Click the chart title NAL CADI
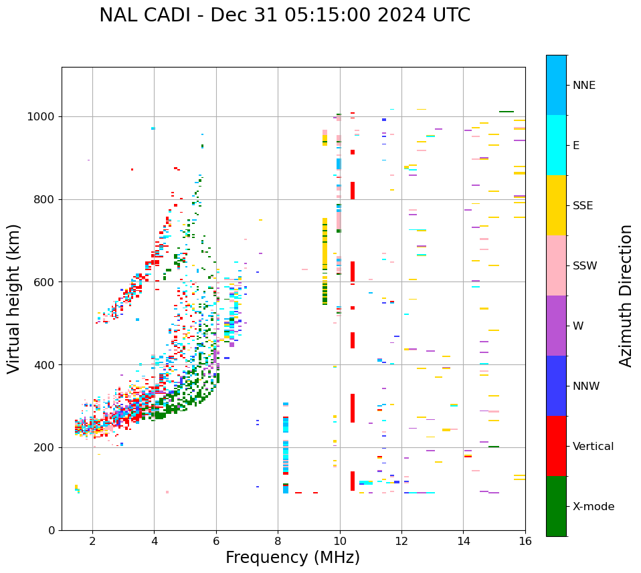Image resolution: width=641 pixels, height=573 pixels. click(x=284, y=15)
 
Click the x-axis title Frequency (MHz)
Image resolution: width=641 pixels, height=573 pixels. click(x=292, y=558)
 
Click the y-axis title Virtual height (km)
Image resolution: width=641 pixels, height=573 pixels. click(x=14, y=298)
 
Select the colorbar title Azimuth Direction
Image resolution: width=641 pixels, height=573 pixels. click(x=626, y=295)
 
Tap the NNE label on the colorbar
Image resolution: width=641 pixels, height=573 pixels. click(x=583, y=86)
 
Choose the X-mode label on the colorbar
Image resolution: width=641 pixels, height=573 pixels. click(x=593, y=507)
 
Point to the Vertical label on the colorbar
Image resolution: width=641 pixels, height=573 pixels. click(x=593, y=447)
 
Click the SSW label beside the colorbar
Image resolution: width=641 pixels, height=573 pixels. click(x=585, y=266)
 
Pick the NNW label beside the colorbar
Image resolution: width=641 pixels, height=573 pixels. click(x=586, y=386)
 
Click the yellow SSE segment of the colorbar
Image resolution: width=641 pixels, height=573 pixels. click(x=556, y=205)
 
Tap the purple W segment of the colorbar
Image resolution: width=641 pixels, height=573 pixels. click(x=556, y=326)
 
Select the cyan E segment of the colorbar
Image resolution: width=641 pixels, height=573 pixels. click(x=556, y=145)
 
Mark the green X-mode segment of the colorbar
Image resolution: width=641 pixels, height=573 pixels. click(x=556, y=506)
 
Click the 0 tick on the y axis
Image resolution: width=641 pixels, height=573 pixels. click(x=52, y=530)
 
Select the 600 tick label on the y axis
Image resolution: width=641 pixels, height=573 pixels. click(x=45, y=282)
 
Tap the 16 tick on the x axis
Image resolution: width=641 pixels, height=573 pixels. click(x=525, y=541)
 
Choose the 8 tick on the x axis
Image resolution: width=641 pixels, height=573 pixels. click(x=278, y=541)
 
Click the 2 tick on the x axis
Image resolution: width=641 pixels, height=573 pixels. click(x=92, y=541)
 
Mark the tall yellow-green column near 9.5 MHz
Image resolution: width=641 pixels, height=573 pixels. click(x=325, y=261)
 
